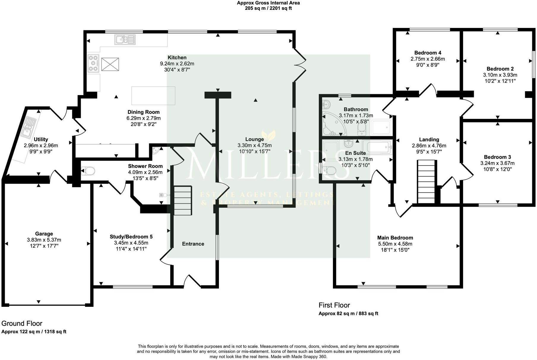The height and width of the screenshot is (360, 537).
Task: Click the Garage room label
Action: click(x=44, y=234)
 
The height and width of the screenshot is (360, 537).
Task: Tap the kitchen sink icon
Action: click(x=125, y=40)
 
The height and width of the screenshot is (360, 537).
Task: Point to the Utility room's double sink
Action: click(x=29, y=127)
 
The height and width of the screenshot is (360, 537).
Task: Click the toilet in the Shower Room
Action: click(x=88, y=171)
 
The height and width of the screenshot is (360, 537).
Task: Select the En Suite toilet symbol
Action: click(x=330, y=171)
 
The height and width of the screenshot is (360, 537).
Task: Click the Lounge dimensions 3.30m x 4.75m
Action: click(x=255, y=145)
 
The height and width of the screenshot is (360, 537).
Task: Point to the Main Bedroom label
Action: click(x=395, y=238)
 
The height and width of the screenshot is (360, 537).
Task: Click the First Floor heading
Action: click(x=334, y=305)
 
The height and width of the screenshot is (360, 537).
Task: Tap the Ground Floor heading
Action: click(x=22, y=323)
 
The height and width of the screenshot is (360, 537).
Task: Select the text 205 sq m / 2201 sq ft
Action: click(x=268, y=8)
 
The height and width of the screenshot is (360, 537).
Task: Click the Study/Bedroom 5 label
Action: click(x=131, y=237)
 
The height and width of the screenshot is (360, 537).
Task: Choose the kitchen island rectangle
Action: click(x=153, y=95)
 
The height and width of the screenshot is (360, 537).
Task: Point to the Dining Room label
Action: click(x=143, y=112)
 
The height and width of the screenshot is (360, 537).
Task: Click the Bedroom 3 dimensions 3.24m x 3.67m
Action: click(x=497, y=163)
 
